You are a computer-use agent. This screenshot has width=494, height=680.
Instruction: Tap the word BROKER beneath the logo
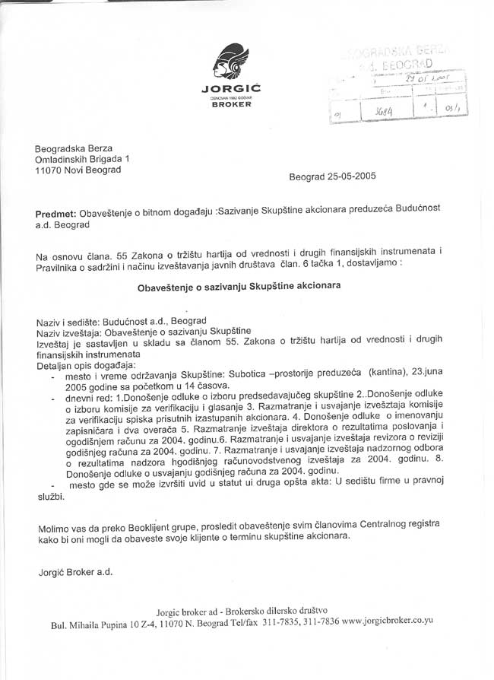(x=231, y=104)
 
